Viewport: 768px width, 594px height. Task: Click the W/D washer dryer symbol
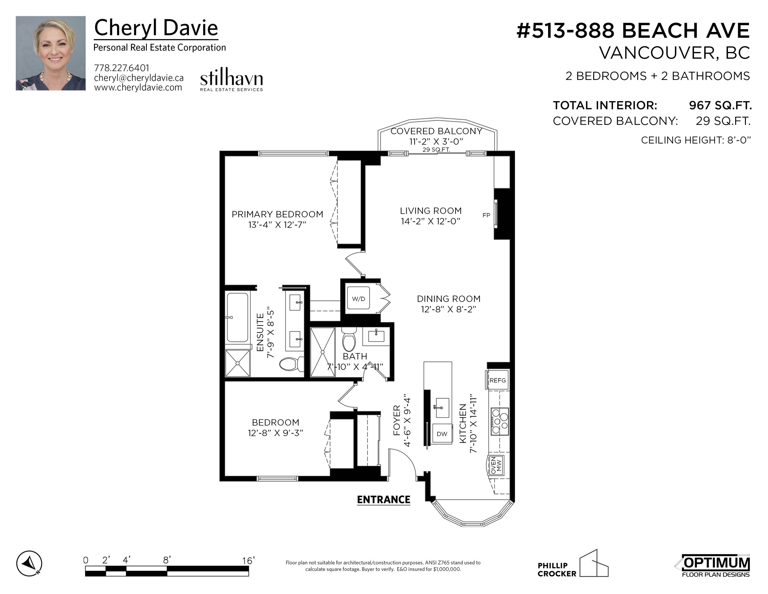tap(358, 299)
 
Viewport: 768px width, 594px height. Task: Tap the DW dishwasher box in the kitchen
tap(442, 434)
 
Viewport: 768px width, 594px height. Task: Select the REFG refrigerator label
tap(498, 380)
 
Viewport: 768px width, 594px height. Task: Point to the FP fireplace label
tap(486, 215)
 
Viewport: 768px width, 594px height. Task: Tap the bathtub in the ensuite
tap(237, 317)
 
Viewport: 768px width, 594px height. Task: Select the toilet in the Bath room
tap(349, 339)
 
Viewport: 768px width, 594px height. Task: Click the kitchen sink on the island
tap(442, 407)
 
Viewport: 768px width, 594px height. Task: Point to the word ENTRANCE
tap(384, 500)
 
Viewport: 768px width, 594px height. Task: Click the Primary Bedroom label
tap(277, 214)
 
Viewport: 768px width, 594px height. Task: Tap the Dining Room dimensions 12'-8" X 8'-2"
tap(449, 309)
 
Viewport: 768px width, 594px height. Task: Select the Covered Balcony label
tap(437, 131)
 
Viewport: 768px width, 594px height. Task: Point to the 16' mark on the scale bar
tap(248, 560)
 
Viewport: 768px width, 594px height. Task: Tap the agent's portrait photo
tap(51, 53)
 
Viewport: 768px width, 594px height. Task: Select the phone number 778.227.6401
tap(122, 68)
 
